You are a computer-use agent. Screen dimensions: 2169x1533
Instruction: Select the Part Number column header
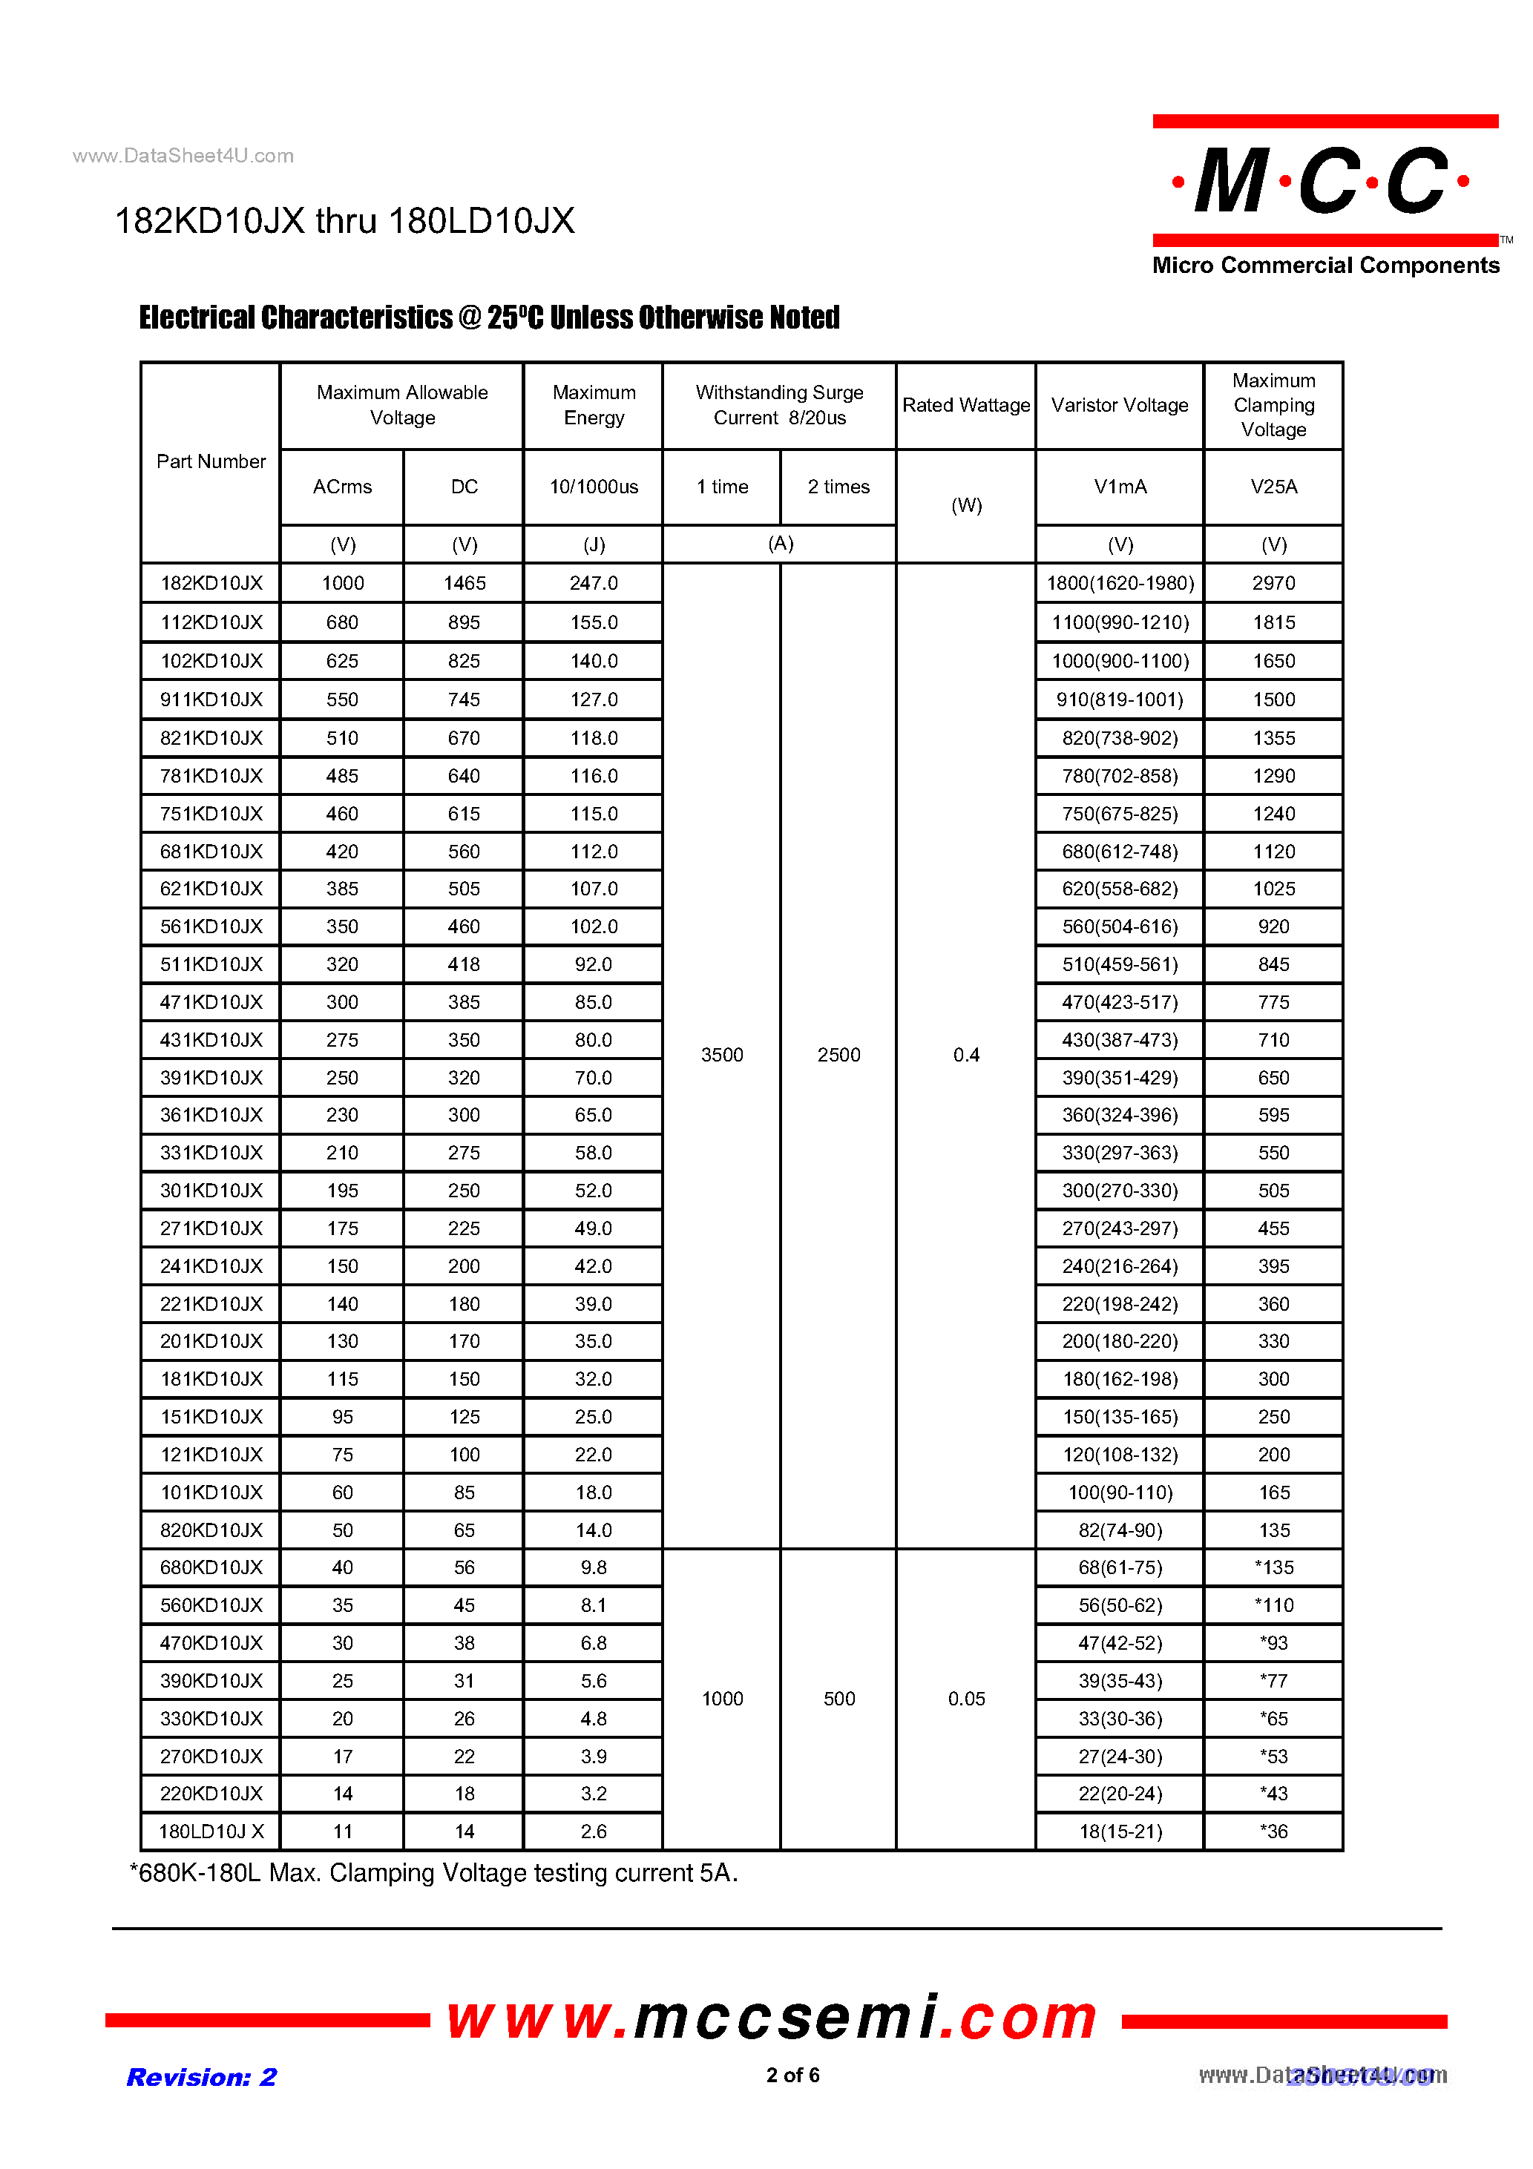pyautogui.click(x=211, y=461)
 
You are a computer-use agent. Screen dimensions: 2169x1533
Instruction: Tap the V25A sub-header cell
pyautogui.click(x=1273, y=487)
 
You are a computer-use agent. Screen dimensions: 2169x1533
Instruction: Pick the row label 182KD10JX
pyautogui.click(x=211, y=583)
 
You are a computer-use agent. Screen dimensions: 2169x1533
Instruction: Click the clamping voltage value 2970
pyautogui.click(x=1273, y=583)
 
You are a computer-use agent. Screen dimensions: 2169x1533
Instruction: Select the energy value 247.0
pyautogui.click(x=594, y=583)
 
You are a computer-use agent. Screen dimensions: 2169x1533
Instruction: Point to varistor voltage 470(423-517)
pyautogui.click(x=1119, y=1001)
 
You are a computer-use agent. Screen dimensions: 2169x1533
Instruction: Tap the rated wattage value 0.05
pyautogui.click(x=966, y=1699)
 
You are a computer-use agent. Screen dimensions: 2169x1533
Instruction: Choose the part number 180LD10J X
pyautogui.click(x=211, y=1831)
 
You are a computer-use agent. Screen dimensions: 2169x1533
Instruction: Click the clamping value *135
pyautogui.click(x=1273, y=1567)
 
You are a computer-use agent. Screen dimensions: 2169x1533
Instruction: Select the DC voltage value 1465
pyautogui.click(x=464, y=583)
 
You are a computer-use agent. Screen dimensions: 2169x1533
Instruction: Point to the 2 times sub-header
pyautogui.click(x=838, y=487)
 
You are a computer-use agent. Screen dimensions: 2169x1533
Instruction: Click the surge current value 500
pyautogui.click(x=838, y=1699)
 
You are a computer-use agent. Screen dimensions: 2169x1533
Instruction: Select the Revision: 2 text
pyautogui.click(x=201, y=2076)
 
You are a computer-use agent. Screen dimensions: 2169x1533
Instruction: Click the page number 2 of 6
pyautogui.click(x=792, y=2075)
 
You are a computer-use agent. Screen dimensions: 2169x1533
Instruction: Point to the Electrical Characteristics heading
pyautogui.click(x=489, y=317)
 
